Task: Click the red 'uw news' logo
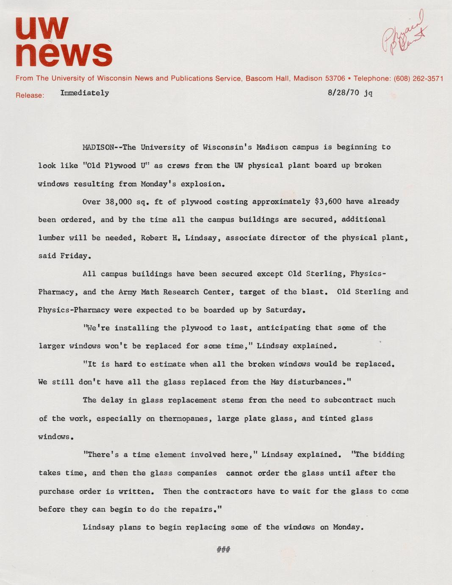click(x=64, y=42)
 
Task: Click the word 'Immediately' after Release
click(x=85, y=93)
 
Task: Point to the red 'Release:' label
click(x=30, y=95)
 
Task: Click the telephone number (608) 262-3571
click(x=419, y=78)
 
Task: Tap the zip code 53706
click(x=335, y=78)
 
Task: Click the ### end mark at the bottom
click(x=223, y=550)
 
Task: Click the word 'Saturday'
click(x=284, y=310)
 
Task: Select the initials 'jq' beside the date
click(x=368, y=93)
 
